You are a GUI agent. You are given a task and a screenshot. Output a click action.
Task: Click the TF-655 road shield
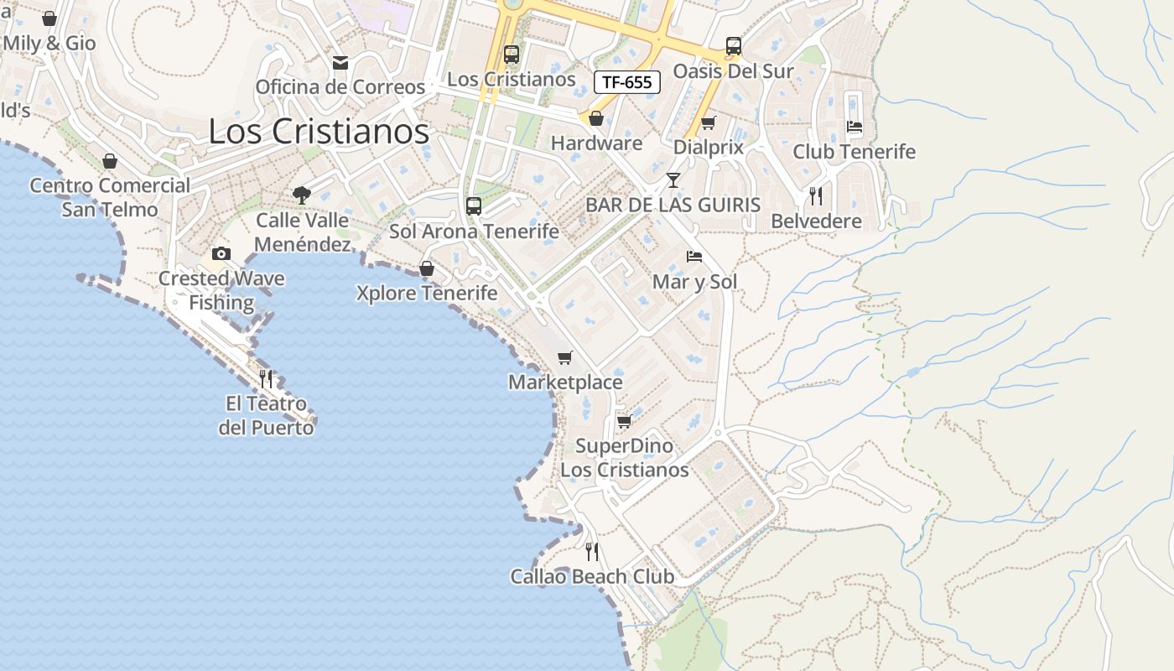tap(627, 82)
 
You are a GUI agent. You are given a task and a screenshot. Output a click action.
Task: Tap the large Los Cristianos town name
tap(319, 132)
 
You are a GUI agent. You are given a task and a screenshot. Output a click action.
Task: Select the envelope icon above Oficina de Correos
tap(340, 63)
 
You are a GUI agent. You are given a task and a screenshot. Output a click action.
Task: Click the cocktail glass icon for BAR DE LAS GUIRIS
tap(673, 180)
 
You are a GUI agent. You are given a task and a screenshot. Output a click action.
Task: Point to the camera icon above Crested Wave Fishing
tap(221, 253)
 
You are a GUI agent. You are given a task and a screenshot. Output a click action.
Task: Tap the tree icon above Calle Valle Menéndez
tap(302, 195)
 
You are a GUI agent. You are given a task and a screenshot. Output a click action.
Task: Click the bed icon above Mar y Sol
tap(694, 257)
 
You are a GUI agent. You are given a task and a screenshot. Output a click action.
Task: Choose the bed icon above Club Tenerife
tap(855, 127)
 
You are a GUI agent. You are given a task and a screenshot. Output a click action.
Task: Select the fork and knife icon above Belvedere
tap(816, 196)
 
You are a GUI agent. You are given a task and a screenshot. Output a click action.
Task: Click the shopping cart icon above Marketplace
tap(565, 358)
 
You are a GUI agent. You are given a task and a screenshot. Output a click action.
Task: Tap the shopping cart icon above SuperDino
tap(624, 421)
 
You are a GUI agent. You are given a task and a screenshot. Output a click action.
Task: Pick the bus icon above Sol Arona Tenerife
tap(474, 205)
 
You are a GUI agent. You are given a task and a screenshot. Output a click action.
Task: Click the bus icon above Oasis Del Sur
tap(734, 46)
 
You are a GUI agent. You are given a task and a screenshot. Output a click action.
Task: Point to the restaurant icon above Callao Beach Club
tap(592, 551)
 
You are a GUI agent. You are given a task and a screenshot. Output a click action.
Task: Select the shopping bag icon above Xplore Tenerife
tap(426, 268)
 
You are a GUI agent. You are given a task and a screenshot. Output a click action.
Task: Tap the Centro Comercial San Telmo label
tap(110, 197)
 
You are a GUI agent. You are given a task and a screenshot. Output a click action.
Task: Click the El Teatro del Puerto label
tap(267, 416)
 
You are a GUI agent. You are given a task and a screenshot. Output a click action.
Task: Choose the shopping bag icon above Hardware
tap(596, 118)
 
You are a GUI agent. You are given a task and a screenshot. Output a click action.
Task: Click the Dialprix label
tap(709, 148)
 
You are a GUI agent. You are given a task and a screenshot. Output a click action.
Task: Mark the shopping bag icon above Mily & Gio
tap(49, 18)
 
